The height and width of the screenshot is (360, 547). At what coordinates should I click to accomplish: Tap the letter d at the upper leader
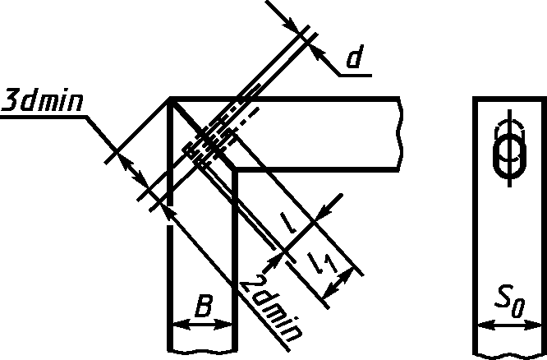(x=354, y=59)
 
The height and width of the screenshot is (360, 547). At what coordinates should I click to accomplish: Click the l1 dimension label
(x=323, y=263)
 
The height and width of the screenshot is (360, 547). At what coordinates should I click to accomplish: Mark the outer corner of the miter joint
(x=170, y=99)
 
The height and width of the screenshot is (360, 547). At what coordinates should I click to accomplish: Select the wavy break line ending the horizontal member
(x=400, y=133)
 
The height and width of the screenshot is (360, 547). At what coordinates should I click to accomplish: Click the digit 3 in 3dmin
(x=11, y=101)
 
